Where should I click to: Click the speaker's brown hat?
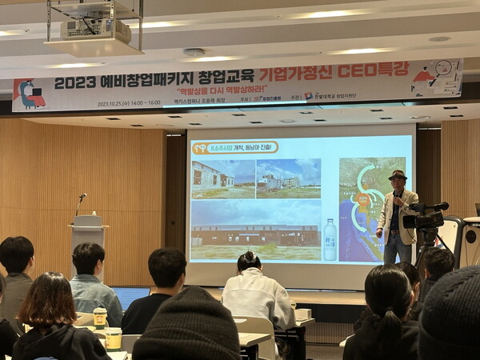pos(397,175)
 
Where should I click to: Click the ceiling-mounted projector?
pos(95,30)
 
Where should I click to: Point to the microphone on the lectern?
pos(82,197)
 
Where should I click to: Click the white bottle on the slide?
pos(330,239)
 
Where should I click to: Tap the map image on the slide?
pos(370,208)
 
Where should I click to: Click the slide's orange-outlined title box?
pos(234,147)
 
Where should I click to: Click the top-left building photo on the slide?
pos(222,178)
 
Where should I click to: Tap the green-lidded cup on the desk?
pos(100,317)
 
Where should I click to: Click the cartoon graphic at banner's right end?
pos(437,78)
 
